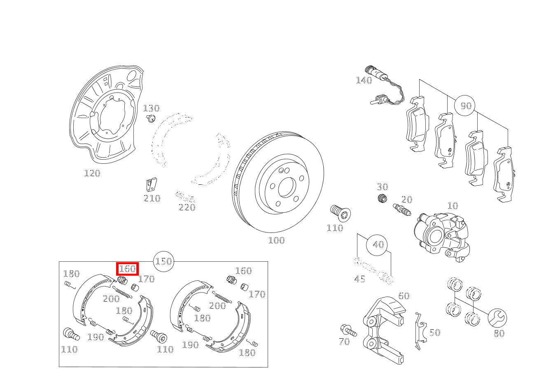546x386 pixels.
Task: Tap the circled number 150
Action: coord(163,261)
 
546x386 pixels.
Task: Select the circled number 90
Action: coord(465,106)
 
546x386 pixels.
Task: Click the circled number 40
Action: coord(378,245)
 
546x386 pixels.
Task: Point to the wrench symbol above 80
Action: coord(497,318)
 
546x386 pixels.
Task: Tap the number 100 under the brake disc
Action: coord(276,240)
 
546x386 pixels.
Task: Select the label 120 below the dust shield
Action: coord(92,173)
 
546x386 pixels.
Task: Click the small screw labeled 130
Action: coord(151,119)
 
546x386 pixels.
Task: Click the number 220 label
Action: coord(187,207)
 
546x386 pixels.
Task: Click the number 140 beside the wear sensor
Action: coord(364,80)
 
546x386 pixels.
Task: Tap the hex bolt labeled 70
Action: coord(347,330)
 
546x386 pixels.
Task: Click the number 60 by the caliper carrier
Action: coord(404,296)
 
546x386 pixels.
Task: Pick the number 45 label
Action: coord(359,279)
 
